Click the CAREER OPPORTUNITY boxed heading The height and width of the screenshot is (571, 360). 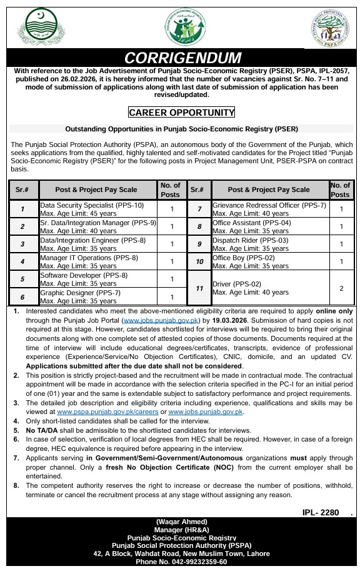181,113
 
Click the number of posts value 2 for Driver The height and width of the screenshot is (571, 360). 341,288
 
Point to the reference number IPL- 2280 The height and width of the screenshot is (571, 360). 319,512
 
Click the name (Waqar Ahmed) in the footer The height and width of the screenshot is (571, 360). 181,522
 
